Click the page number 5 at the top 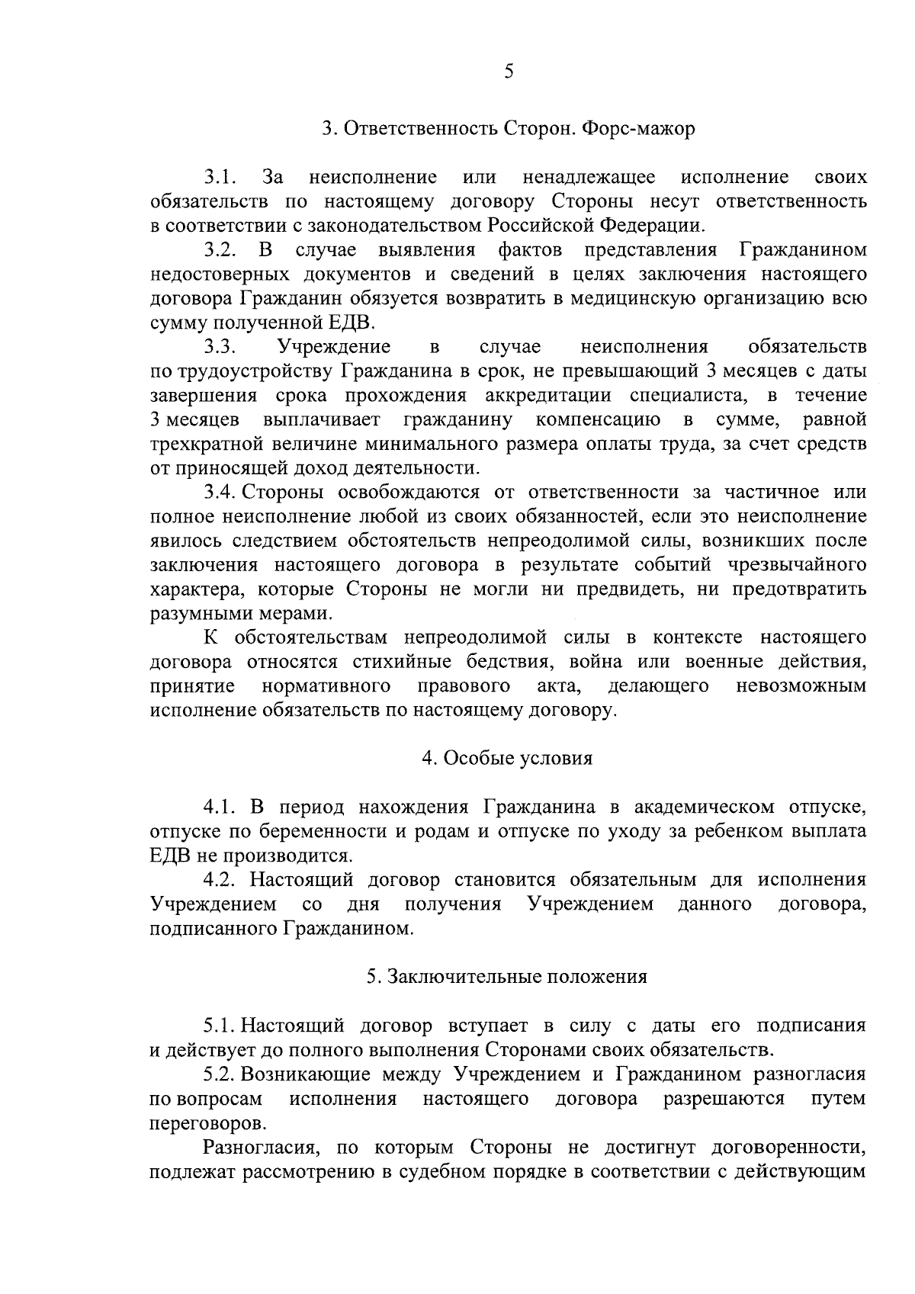tap(509, 72)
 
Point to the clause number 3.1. tap(221, 178)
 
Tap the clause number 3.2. tap(221, 250)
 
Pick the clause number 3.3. tap(221, 347)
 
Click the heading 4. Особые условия tap(507, 759)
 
